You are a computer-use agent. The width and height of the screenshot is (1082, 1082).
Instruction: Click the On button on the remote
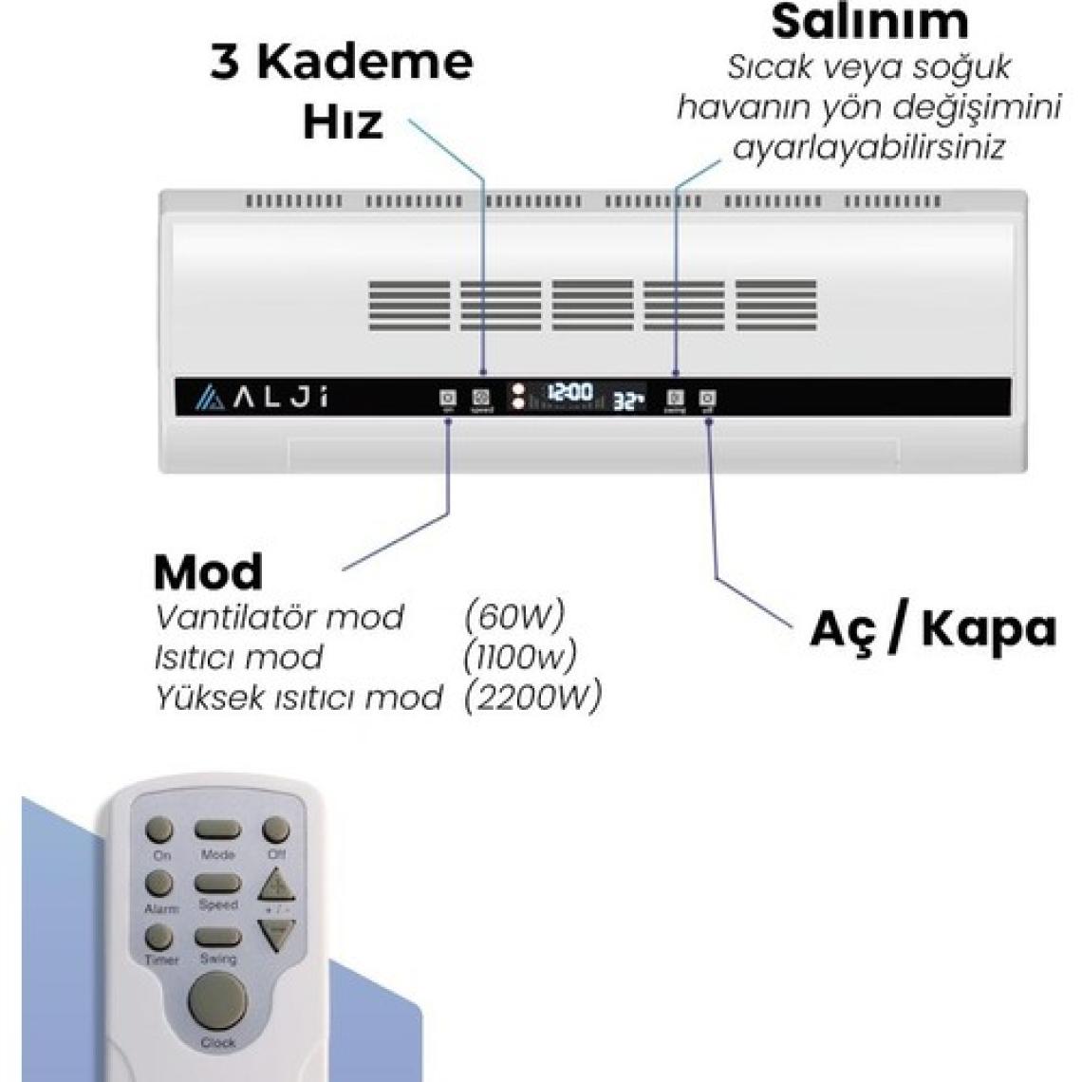[159, 830]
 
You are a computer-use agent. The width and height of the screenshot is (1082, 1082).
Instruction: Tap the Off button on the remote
[275, 830]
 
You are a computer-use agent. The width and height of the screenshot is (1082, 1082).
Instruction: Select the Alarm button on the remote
[159, 884]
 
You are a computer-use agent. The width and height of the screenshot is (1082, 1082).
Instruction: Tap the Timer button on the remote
[159, 937]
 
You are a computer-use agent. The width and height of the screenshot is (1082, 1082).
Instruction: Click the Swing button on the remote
[217, 938]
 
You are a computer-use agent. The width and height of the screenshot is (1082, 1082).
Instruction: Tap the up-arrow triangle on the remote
[276, 886]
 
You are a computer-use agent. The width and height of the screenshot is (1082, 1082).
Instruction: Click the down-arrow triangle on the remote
[276, 933]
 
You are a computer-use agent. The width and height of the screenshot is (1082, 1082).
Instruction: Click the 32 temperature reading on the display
[627, 401]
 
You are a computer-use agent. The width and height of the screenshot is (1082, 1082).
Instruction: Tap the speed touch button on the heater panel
[481, 399]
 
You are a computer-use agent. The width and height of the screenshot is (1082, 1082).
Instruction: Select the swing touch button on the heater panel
[676, 399]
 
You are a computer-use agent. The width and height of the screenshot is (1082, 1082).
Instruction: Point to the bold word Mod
[208, 571]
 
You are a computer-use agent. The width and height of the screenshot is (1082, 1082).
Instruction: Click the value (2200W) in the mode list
[533, 698]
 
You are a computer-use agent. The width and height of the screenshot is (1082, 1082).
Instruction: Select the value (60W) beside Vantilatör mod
[514, 616]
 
